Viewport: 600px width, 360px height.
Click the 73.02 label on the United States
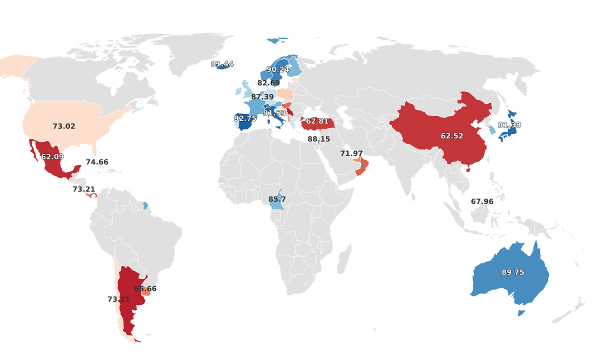click(64, 126)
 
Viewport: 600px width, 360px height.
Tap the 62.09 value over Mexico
click(52, 157)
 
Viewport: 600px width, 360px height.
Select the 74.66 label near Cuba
click(97, 162)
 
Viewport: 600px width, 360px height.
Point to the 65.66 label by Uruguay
click(145, 289)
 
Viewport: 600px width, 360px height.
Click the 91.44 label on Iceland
click(222, 64)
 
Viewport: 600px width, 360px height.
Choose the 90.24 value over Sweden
click(278, 69)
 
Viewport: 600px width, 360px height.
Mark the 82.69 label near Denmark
click(269, 83)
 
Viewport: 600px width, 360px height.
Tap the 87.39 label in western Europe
click(262, 97)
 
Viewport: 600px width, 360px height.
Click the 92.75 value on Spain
click(245, 118)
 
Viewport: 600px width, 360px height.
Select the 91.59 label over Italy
click(274, 113)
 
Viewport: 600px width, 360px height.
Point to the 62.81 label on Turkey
click(317, 121)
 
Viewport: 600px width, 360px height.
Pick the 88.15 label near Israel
click(319, 139)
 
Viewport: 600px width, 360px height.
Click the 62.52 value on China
click(452, 136)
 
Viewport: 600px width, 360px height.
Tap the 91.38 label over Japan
click(509, 125)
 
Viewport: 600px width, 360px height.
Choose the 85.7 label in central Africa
click(277, 199)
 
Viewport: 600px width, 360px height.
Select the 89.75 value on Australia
click(513, 272)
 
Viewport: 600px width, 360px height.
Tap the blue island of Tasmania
click(520, 313)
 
